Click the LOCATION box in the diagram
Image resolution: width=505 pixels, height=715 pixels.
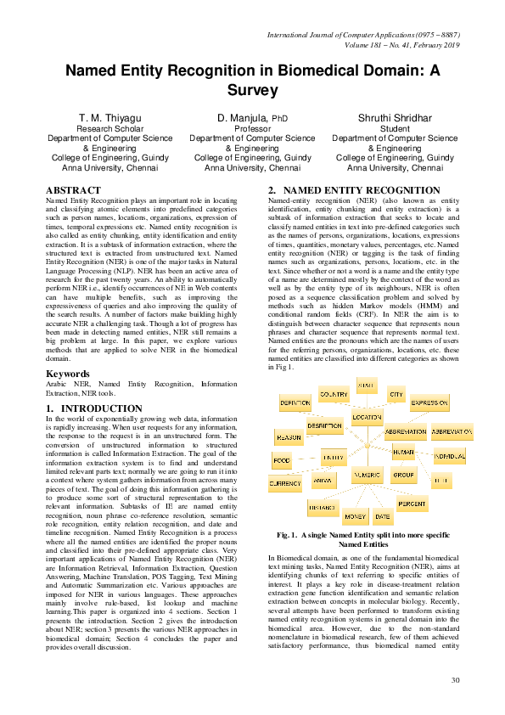[368, 418]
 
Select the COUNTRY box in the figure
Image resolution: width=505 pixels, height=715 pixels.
[334, 395]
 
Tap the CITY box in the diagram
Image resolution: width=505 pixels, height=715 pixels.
[396, 395]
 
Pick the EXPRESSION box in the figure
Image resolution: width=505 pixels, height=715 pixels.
[429, 403]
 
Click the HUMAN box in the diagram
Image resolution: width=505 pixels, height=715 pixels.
[403, 453]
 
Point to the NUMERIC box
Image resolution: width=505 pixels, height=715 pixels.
[368, 473]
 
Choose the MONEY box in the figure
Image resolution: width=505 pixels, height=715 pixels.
[355, 516]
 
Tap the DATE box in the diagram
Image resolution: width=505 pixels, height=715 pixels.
[383, 516]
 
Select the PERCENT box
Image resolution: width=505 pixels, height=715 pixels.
[412, 504]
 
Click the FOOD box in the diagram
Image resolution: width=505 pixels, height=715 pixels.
[282, 460]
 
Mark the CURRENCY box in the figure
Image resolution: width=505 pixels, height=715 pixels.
[285, 483]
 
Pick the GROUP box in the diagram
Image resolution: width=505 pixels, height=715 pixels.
[403, 475]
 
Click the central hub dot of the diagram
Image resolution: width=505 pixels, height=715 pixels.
[367, 445]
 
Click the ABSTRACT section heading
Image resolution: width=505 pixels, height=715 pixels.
[73, 190]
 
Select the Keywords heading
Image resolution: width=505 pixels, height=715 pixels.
[69, 374]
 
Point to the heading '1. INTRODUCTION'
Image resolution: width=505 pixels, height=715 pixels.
[93, 408]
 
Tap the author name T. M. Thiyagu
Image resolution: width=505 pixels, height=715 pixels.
[109, 117]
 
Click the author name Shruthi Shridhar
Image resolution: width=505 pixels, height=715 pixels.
[394, 117]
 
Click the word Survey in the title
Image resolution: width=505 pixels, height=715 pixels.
[252, 90]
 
